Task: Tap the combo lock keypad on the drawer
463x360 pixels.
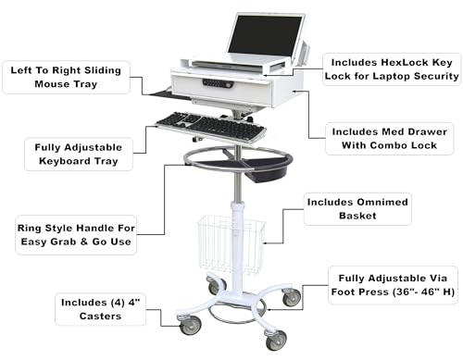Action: pyautogui.click(x=218, y=83)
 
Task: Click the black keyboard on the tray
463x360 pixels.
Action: pyautogui.click(x=210, y=126)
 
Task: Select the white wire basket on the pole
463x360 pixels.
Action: pyautogui.click(x=231, y=245)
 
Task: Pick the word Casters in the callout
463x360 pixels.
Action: pyautogui.click(x=100, y=317)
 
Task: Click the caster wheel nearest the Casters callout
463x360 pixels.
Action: pyautogui.click(x=191, y=326)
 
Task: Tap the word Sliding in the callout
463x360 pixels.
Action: pyautogui.click(x=103, y=70)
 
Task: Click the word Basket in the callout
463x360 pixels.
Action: pyautogui.click(x=357, y=216)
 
